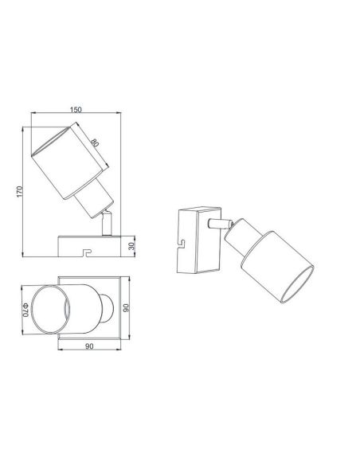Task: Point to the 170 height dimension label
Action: coord(25,190)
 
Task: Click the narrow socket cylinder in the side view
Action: coord(90,199)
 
